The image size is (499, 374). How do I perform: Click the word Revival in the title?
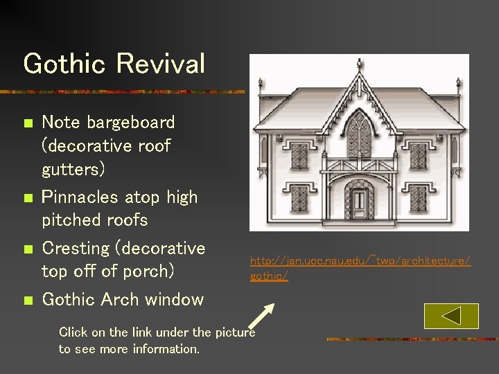point(160,64)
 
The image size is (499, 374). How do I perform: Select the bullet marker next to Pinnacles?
point(27,198)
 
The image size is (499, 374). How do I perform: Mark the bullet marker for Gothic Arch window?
point(27,301)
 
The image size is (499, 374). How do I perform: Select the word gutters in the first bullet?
point(69,170)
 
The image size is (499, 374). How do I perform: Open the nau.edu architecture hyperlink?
point(360,260)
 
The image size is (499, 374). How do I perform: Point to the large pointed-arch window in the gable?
point(358,136)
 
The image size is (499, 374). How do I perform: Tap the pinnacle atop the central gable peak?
point(359,77)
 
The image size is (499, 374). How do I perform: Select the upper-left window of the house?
point(299,156)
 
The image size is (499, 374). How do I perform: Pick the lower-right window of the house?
point(419,202)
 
